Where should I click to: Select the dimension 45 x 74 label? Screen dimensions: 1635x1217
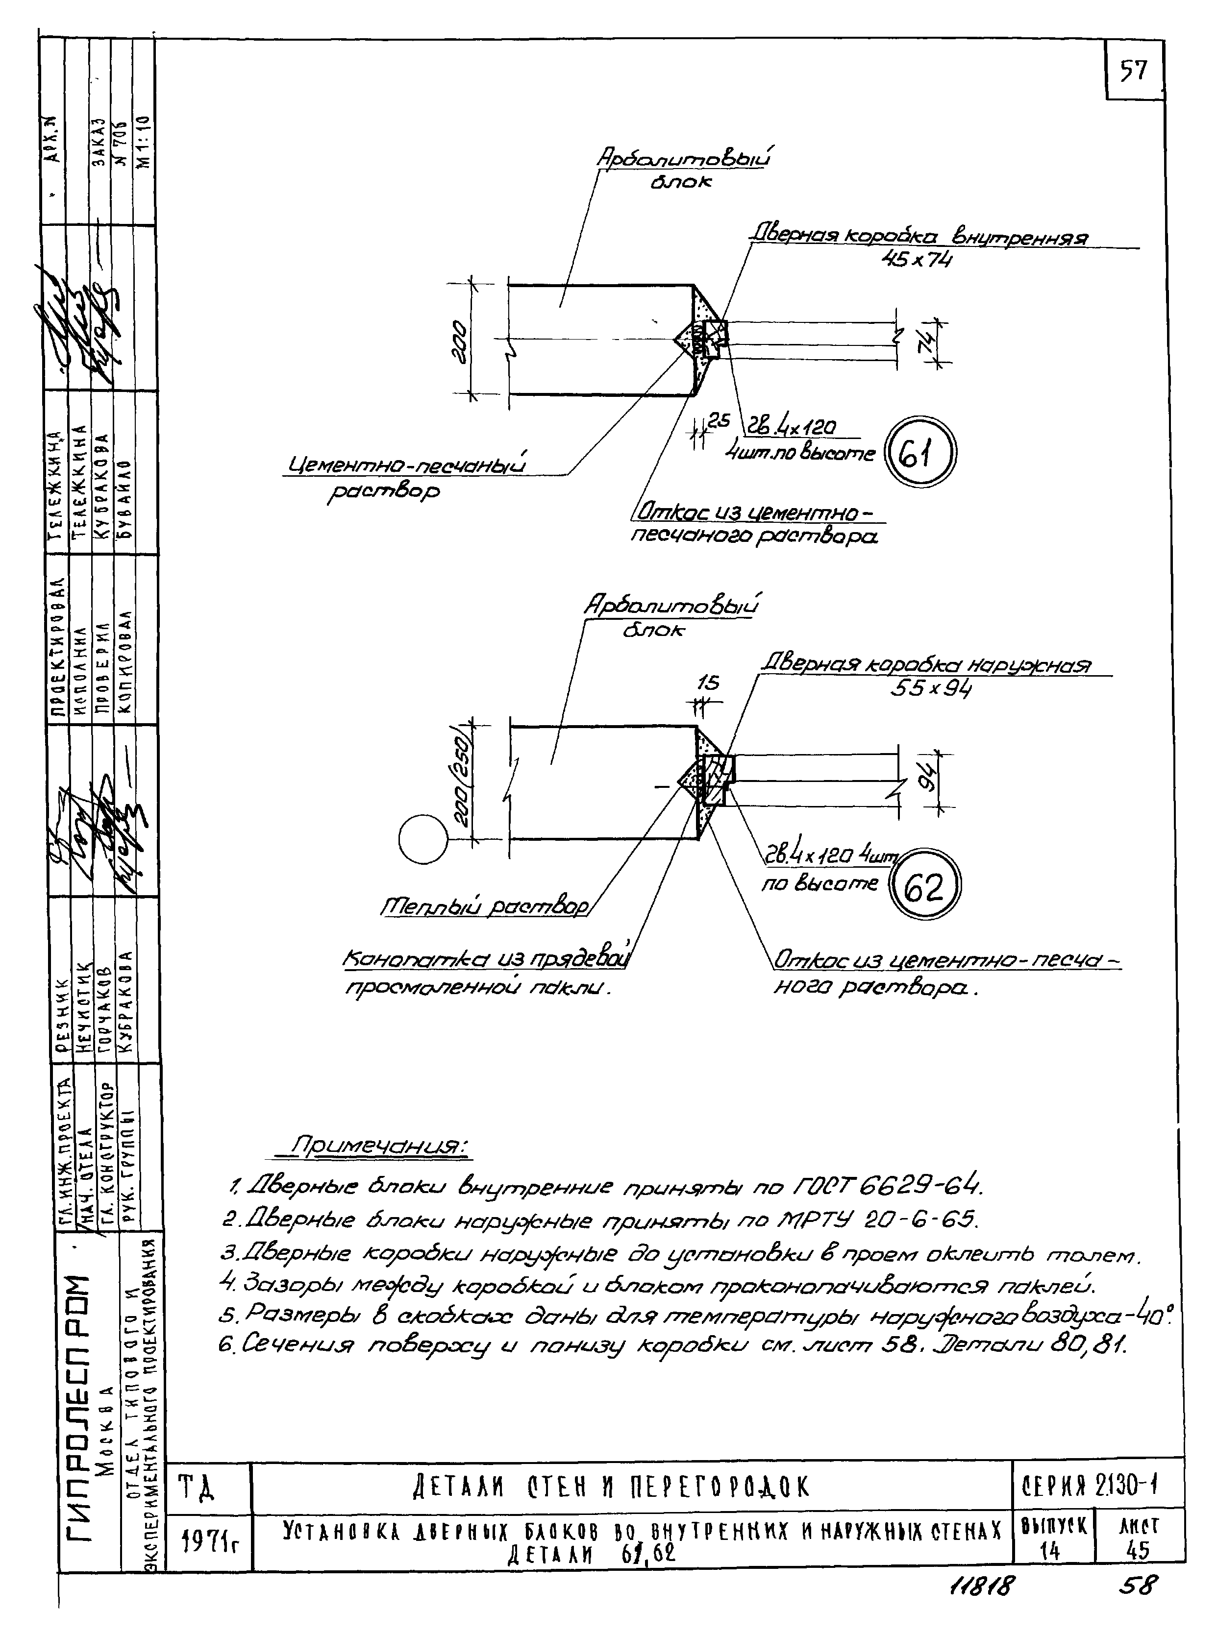click(x=917, y=259)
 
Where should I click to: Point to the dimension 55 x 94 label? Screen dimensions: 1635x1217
click(x=930, y=688)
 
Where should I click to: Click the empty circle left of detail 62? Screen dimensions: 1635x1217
click(x=423, y=838)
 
